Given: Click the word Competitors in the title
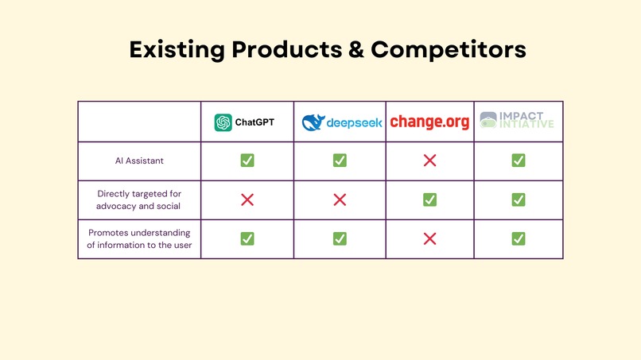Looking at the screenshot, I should point(449,49).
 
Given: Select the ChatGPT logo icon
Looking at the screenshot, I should point(223,122).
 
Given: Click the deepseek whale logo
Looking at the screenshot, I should point(313,122).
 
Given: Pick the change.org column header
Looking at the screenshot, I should point(429,122).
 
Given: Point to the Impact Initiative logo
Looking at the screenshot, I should point(518,122).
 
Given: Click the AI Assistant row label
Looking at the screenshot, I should point(139,161).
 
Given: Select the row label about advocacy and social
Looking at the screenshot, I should point(139,199).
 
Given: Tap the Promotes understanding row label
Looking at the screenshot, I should point(139,238).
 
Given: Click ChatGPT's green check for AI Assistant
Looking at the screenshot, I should point(247,161).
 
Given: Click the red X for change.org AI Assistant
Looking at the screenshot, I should point(429,161).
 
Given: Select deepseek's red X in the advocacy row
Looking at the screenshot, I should point(340,199).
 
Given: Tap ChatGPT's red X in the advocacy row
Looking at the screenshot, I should point(247,199).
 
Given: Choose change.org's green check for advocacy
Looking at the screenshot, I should point(429,199).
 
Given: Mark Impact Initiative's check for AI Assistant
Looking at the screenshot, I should point(518,161).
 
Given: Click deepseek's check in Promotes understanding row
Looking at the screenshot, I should point(340,238).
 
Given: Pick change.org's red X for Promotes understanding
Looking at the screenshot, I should point(429,238).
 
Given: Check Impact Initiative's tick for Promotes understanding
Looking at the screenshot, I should point(518,238).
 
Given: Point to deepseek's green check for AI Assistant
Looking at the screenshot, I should point(340,161).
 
